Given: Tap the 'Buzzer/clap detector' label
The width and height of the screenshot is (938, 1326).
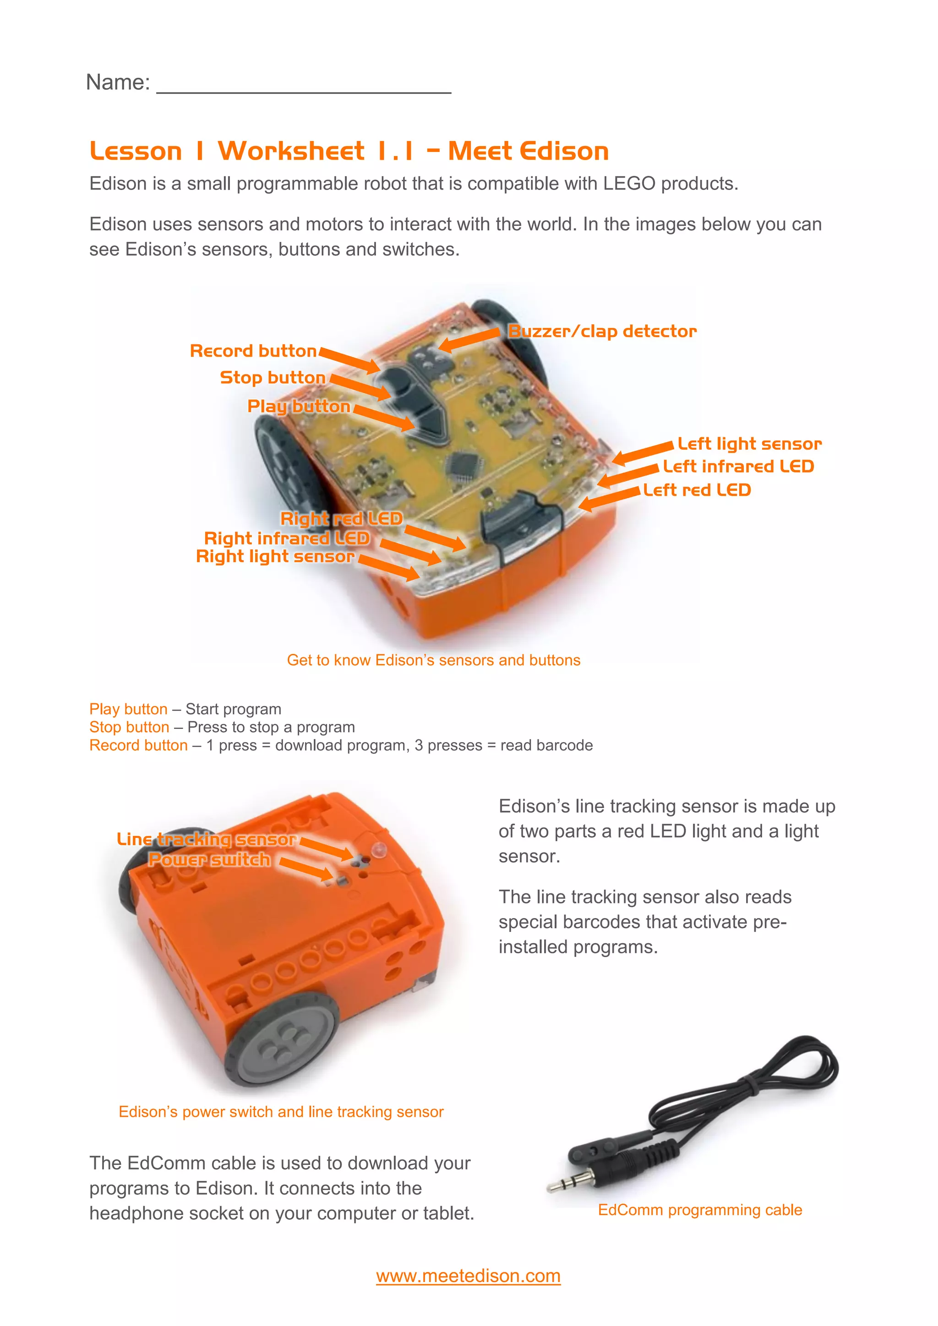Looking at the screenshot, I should [602, 331].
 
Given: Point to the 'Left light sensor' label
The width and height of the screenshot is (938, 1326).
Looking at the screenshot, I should [749, 444].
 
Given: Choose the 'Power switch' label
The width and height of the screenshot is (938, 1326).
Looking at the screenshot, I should [209, 859].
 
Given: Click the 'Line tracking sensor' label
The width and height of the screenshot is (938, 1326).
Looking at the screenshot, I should [206, 839].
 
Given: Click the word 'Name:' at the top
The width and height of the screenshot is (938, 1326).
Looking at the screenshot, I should [118, 82].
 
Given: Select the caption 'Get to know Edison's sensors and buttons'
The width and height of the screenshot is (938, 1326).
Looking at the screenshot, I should [433, 660].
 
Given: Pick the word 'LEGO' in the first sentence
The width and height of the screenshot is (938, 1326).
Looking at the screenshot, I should [629, 184].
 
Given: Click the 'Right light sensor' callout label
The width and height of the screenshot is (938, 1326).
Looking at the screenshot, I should [275, 556].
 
